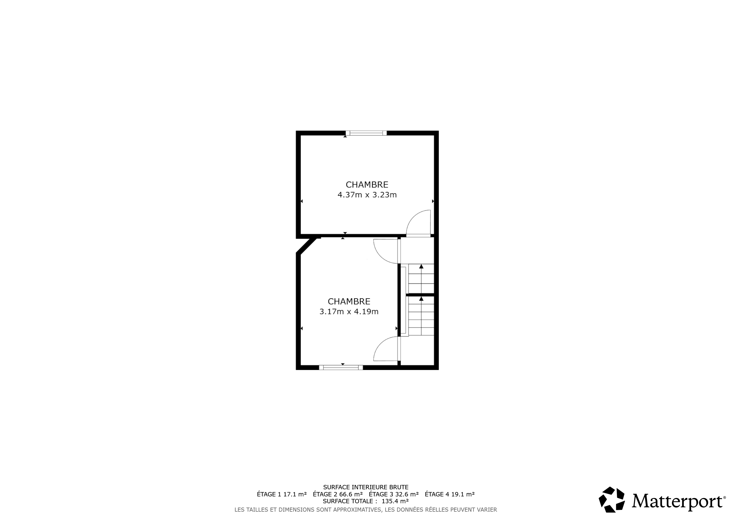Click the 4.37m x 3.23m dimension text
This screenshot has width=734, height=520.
coord(367,195)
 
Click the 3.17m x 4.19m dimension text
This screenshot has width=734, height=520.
coord(349,312)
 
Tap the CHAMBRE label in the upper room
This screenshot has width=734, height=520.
coord(367,185)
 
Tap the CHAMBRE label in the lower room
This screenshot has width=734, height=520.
coord(349,302)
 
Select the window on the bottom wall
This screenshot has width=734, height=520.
coord(341,368)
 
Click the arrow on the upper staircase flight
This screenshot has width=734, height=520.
coord(421,278)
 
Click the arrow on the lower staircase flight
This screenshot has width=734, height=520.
coord(421,316)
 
